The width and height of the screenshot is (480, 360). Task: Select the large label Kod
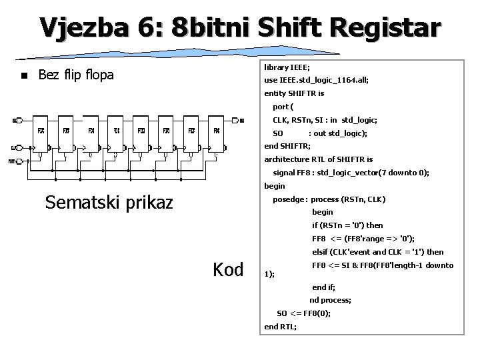pyautogui.click(x=228, y=270)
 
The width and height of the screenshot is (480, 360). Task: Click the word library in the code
pyautogui.click(x=277, y=67)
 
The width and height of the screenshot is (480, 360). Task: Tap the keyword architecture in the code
pyautogui.click(x=289, y=159)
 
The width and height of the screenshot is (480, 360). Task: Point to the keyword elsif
pyautogui.click(x=322, y=251)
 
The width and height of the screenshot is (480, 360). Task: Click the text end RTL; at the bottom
pyautogui.click(x=281, y=326)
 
